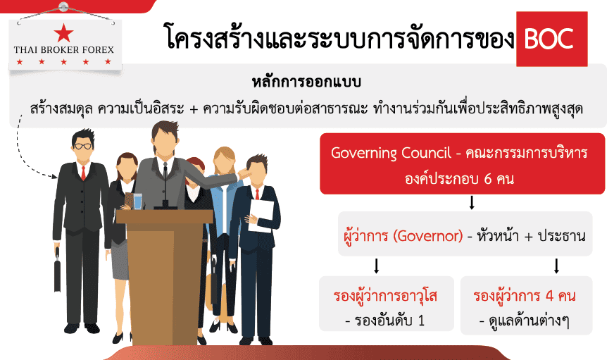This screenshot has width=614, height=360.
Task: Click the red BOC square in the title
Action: [x=552, y=39]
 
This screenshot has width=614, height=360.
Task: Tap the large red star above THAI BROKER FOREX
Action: [x=63, y=32]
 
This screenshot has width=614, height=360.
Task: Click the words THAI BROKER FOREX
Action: [x=64, y=50]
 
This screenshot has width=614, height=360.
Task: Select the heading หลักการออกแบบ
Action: [x=306, y=82]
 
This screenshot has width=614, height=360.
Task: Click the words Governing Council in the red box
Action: [x=391, y=152]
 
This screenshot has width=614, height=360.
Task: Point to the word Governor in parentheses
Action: [x=428, y=236]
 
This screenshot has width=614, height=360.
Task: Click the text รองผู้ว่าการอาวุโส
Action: [x=385, y=295]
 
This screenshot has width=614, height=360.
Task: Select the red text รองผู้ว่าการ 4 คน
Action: [x=525, y=295]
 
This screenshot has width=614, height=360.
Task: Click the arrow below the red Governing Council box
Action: [x=472, y=202]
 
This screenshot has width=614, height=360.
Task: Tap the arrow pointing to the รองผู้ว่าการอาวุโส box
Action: [x=376, y=266]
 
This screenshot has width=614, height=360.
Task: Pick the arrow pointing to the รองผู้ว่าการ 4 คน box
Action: [x=556, y=266]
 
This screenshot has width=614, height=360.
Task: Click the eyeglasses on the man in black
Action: [x=83, y=146]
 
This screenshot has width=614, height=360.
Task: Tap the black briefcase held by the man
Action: [x=58, y=270]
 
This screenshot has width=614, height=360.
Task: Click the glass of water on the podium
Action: [x=138, y=201]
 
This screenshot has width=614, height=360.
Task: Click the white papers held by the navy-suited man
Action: [x=261, y=216]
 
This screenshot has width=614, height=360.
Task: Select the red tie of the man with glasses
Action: [x=83, y=173]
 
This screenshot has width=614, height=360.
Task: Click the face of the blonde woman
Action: [x=225, y=161]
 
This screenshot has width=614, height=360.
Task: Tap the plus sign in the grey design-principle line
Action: [x=194, y=109]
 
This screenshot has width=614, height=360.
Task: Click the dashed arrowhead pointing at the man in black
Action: [x=55, y=176]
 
